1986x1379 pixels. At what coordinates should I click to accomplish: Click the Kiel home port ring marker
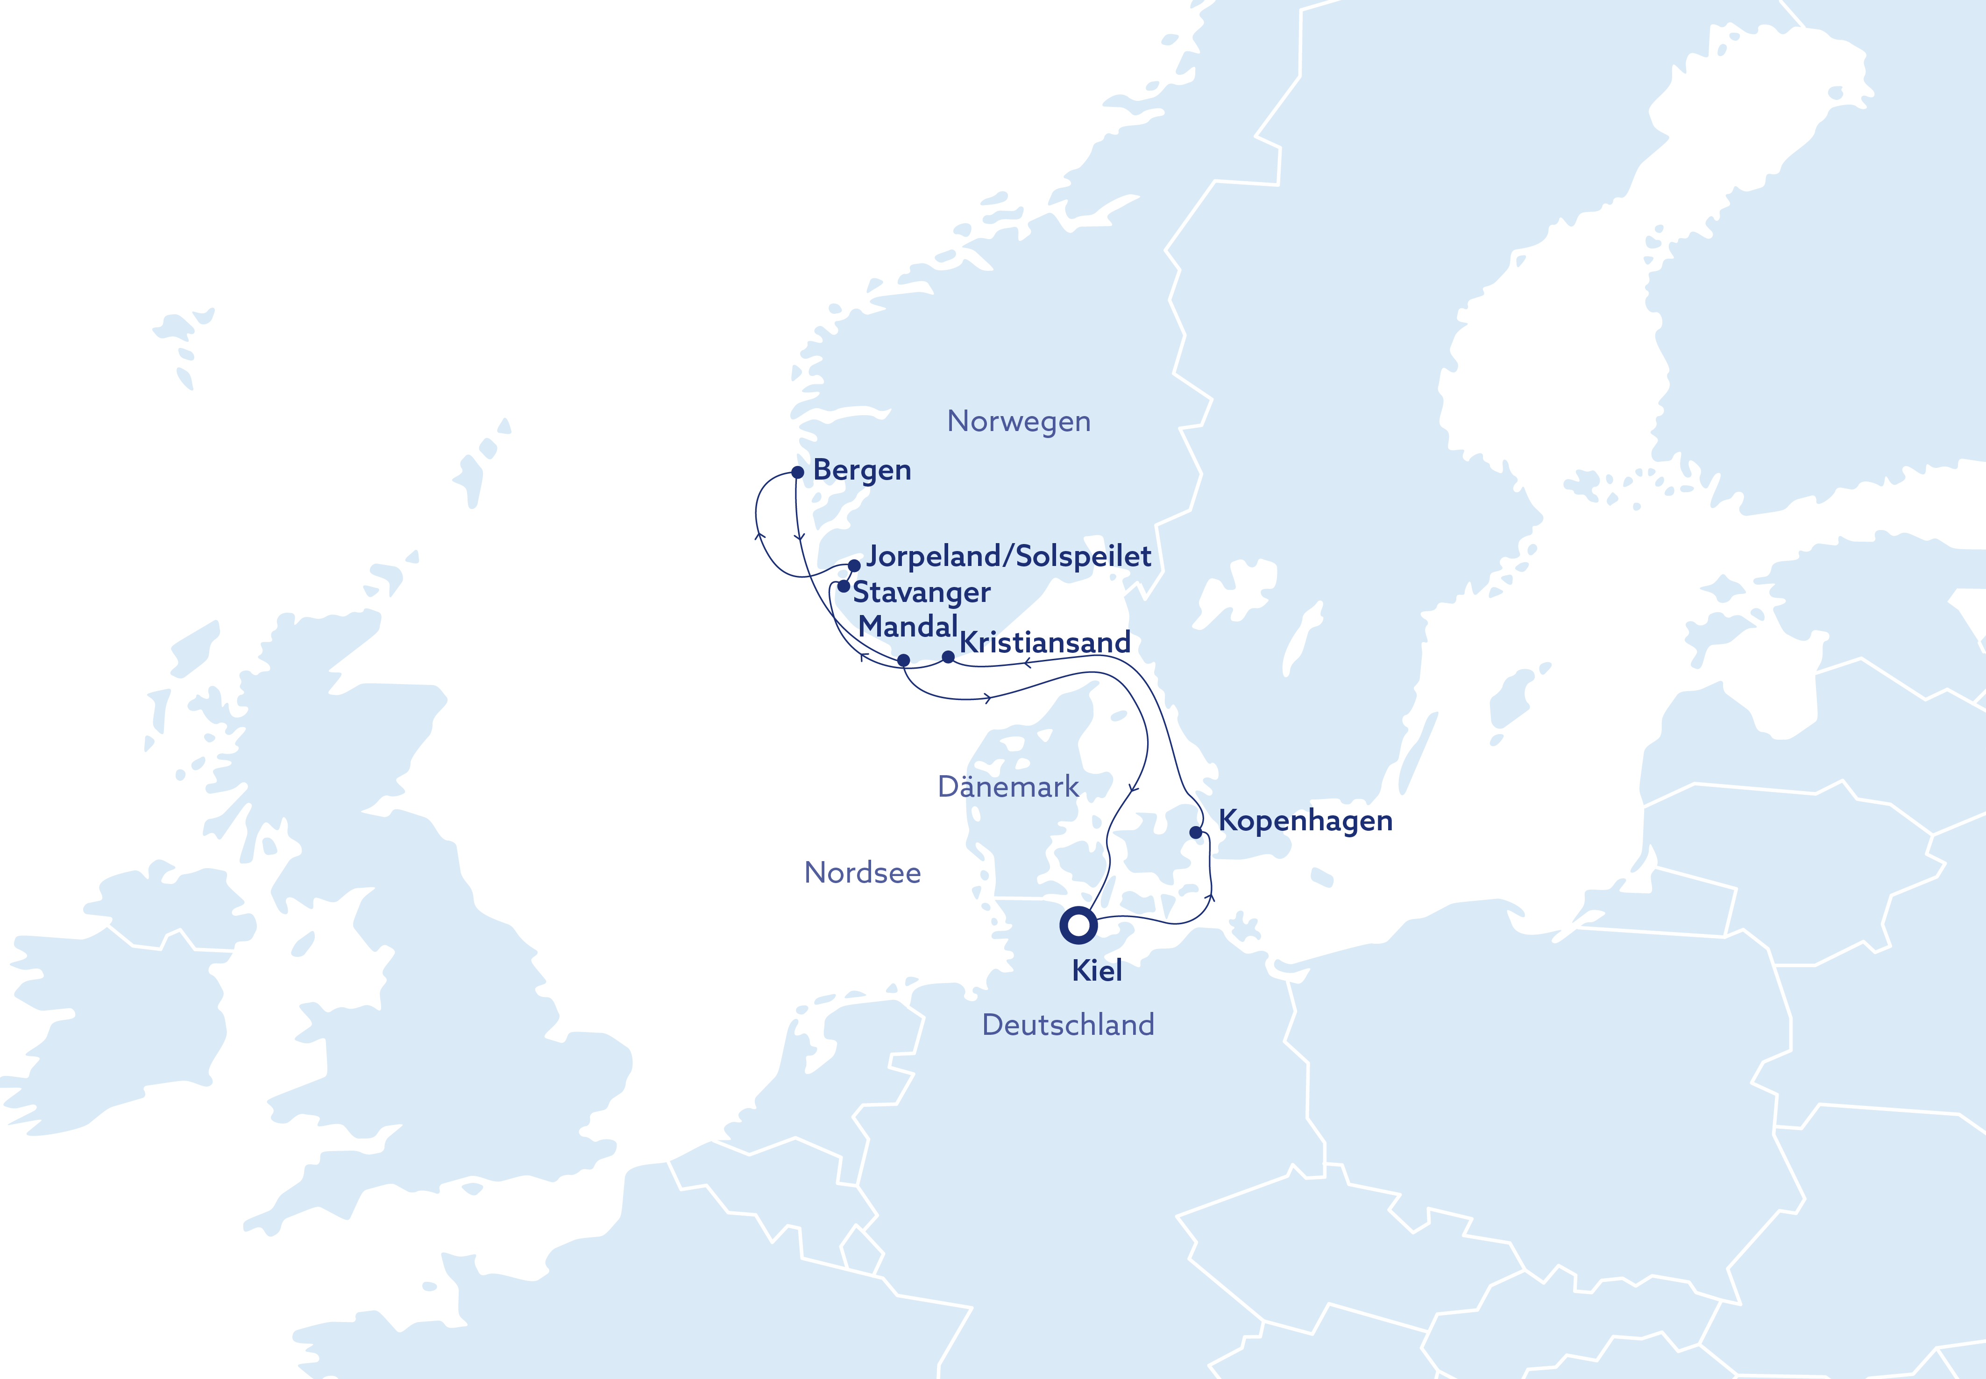(x=1078, y=926)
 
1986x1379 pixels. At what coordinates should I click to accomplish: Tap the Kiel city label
(x=1097, y=970)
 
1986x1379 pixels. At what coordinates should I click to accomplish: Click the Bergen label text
(x=862, y=470)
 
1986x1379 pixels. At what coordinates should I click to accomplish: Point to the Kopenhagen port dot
(x=1195, y=833)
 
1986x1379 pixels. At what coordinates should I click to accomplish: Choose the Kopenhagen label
(x=1305, y=821)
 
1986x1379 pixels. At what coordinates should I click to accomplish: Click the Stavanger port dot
(x=844, y=586)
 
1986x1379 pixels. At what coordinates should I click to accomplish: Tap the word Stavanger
(x=921, y=593)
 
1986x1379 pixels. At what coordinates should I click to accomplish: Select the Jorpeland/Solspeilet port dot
(x=854, y=566)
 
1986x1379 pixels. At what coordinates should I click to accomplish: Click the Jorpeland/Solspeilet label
(x=1008, y=557)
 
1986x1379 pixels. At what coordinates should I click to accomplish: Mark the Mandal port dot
(x=903, y=660)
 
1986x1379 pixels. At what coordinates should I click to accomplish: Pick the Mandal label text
(x=908, y=626)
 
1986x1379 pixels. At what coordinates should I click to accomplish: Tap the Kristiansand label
(x=1045, y=643)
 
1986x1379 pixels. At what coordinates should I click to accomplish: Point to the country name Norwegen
(x=1019, y=422)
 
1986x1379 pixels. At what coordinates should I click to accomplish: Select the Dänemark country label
(x=1007, y=786)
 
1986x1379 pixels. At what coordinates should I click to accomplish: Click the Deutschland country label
(x=1068, y=1025)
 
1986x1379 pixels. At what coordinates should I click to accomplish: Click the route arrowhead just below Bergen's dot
(x=800, y=538)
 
